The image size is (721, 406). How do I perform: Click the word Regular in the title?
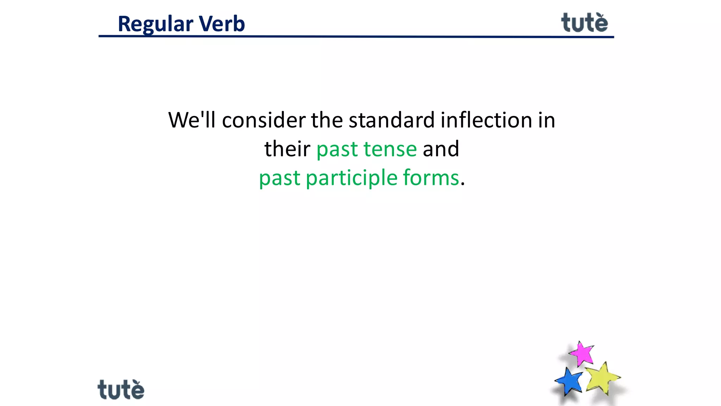click(155, 24)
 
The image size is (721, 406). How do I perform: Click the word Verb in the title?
click(222, 24)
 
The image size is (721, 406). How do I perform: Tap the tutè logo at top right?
click(584, 23)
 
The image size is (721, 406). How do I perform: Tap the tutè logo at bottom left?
click(121, 390)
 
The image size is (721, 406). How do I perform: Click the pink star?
click(582, 353)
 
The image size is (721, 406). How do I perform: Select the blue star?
click(569, 381)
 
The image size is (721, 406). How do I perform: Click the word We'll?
click(192, 120)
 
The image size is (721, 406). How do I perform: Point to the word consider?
click(264, 120)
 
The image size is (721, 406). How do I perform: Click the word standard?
click(391, 120)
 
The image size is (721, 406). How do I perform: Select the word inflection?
click(486, 120)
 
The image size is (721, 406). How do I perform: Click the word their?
click(287, 149)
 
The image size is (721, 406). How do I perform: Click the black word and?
click(441, 149)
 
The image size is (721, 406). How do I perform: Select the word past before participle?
click(280, 178)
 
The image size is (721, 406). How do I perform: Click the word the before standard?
click(327, 120)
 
